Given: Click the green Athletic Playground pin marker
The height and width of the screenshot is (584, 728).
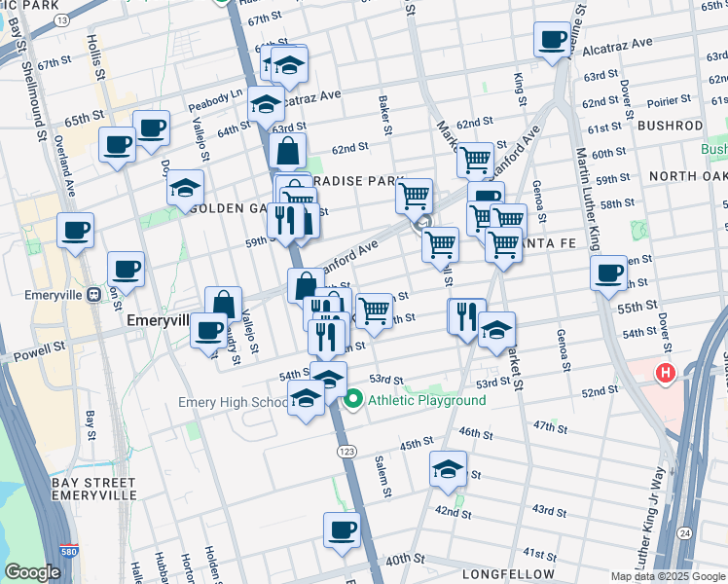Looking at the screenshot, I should [353, 400].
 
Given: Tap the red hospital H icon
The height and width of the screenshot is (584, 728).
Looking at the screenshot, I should [666, 372].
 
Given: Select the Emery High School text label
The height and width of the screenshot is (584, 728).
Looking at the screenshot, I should [233, 402].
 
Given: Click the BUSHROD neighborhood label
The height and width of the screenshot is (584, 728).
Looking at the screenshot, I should [670, 127].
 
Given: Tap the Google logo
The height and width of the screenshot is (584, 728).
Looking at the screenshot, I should [32, 572].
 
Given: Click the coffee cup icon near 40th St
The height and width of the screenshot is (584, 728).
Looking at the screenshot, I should [342, 530].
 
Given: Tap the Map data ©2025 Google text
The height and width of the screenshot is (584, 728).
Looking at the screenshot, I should [667, 576].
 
